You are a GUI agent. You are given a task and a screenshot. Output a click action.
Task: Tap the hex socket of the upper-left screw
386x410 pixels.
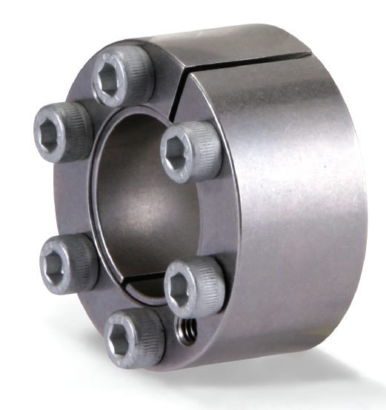pyautogui.click(x=50, y=138)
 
